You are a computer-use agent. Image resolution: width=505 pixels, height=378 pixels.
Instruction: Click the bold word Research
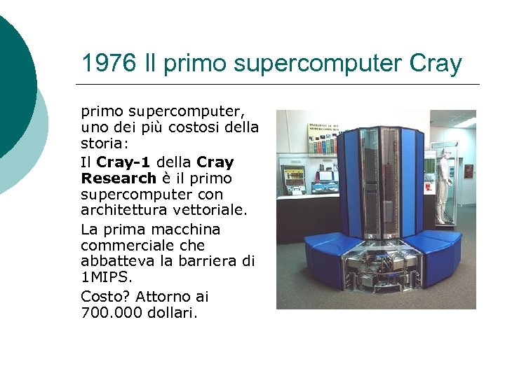[119, 178]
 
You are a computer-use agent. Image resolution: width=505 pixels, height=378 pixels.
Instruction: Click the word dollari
[173, 312]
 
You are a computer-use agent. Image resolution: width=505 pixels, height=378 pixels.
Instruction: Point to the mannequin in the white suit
[443, 185]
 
